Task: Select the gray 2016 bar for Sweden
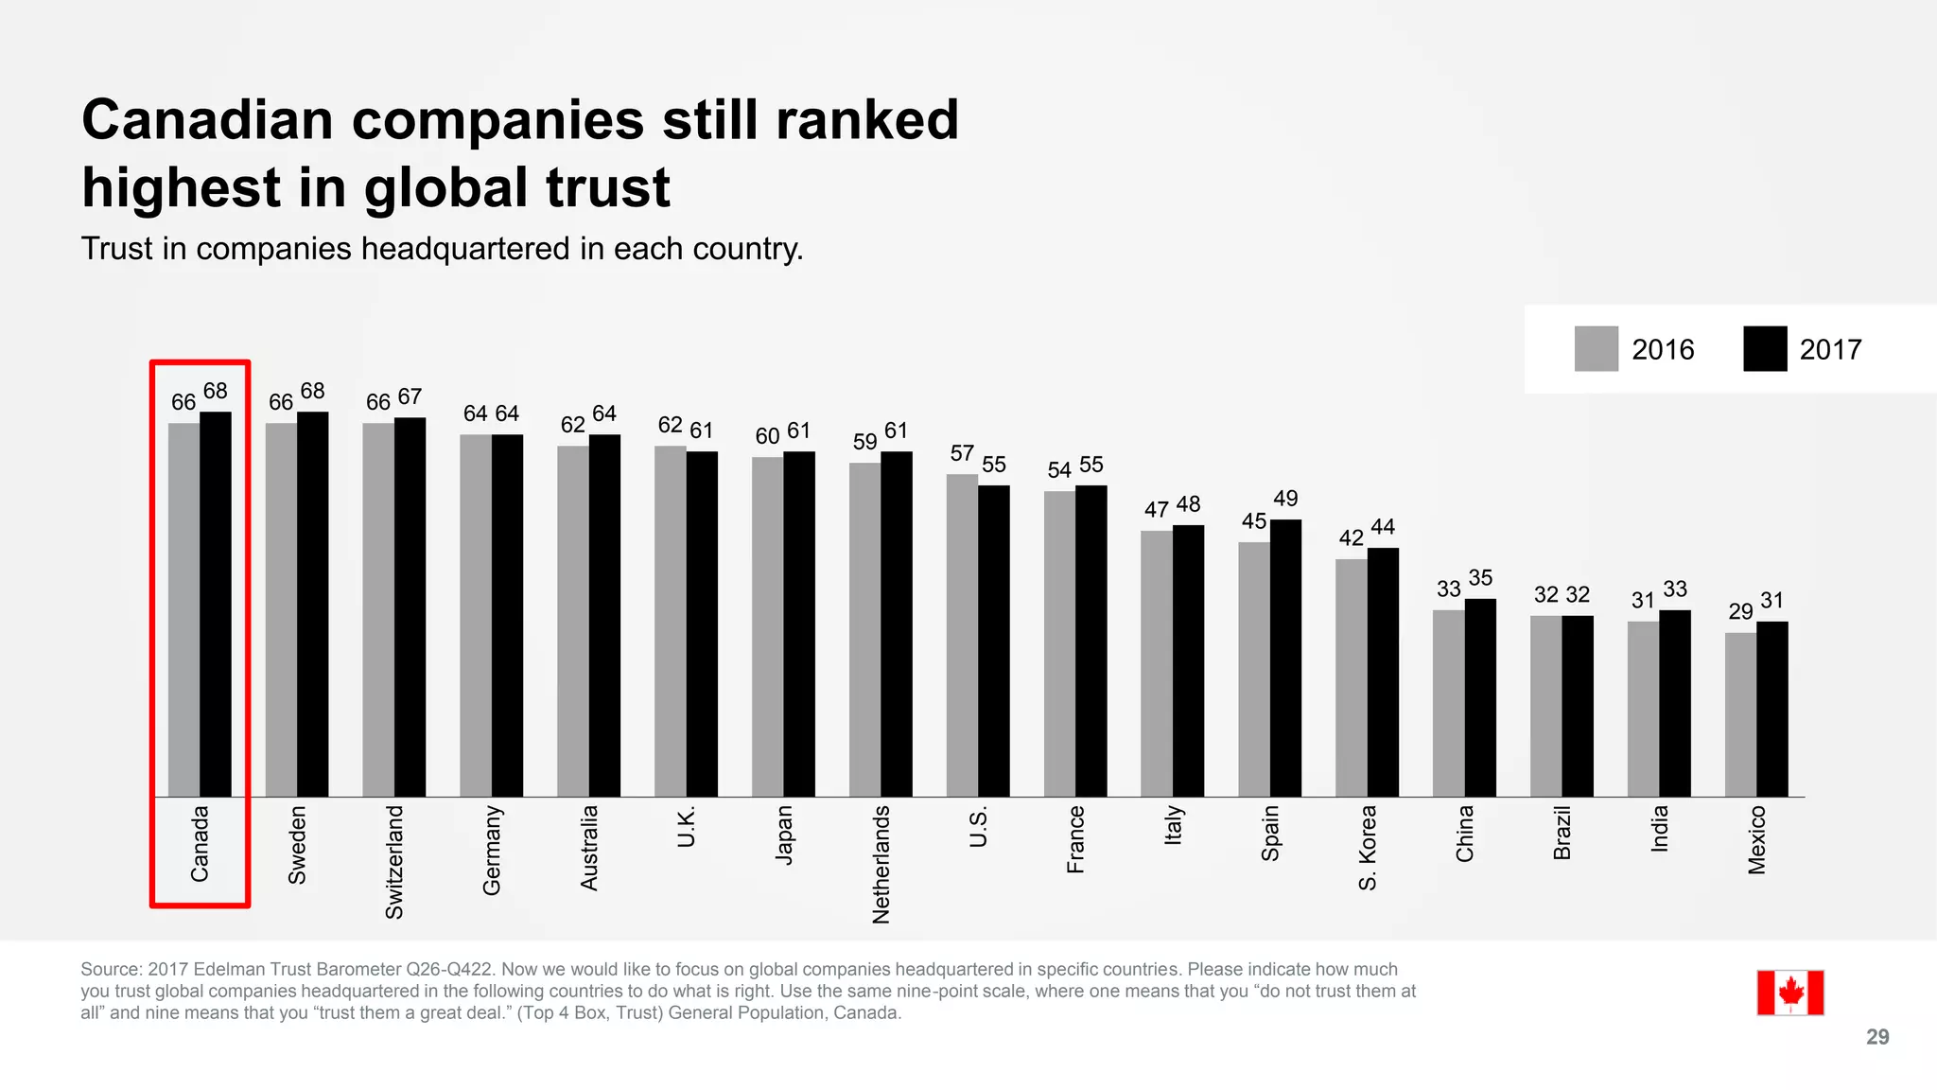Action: point(281,609)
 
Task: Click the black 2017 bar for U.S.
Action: point(994,641)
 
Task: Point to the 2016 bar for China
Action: point(1448,703)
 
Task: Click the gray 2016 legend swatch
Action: point(1596,349)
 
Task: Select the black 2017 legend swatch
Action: point(1765,349)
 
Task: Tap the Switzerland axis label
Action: point(394,861)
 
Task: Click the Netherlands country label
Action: point(881,864)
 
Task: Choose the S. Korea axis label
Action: point(1368,848)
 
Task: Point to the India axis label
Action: point(1660,829)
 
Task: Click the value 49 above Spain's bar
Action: point(1285,499)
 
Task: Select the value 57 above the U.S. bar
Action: point(962,453)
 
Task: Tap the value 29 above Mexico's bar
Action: point(1740,612)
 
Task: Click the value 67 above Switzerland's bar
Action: point(410,396)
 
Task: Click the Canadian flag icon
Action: point(1789,993)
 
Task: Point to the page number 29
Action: point(1877,1037)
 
